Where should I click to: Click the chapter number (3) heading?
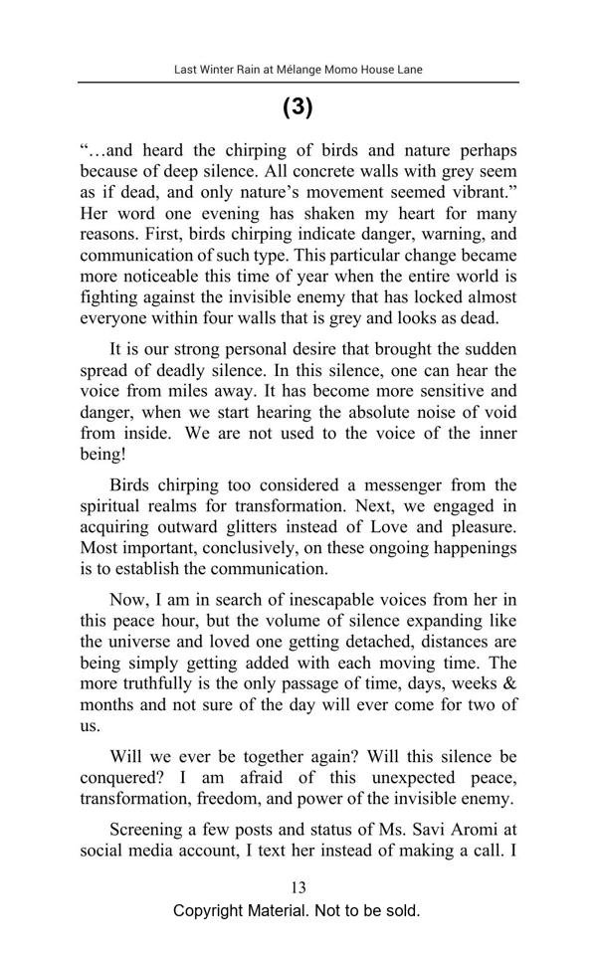pos(298,107)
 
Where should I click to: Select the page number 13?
pos(298,887)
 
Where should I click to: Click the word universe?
pos(141,642)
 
